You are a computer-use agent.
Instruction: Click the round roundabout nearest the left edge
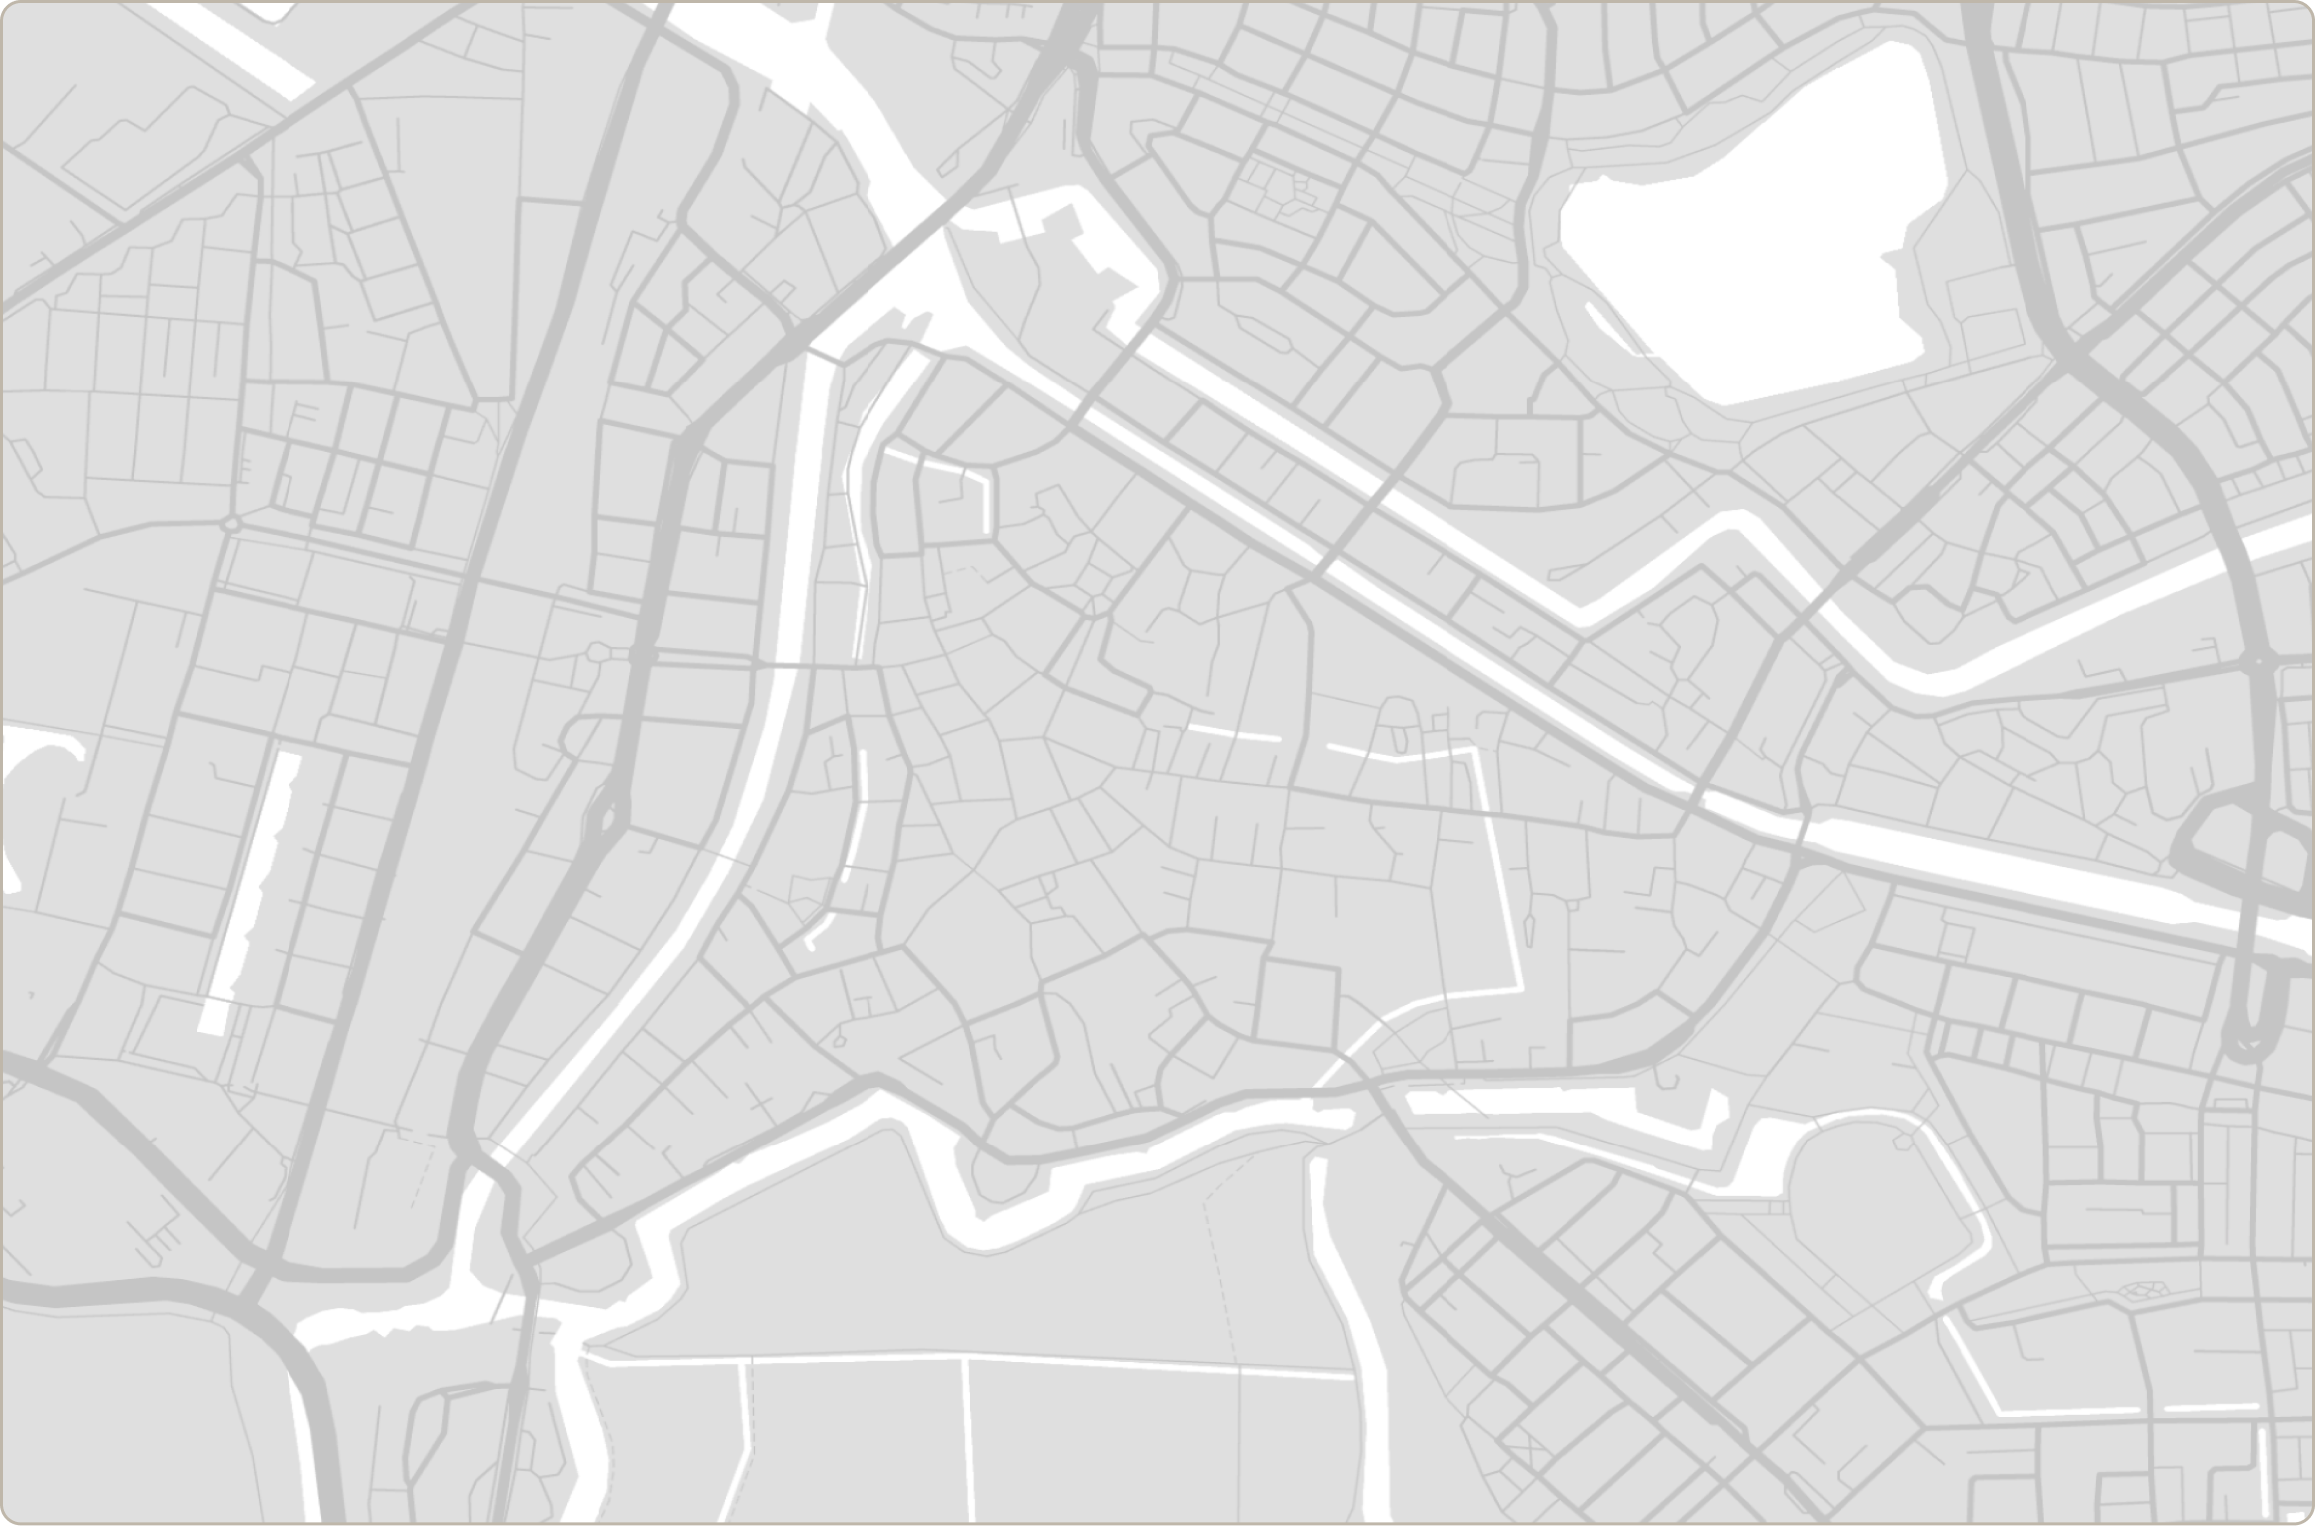232,523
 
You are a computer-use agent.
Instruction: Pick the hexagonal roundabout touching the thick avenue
597,653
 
